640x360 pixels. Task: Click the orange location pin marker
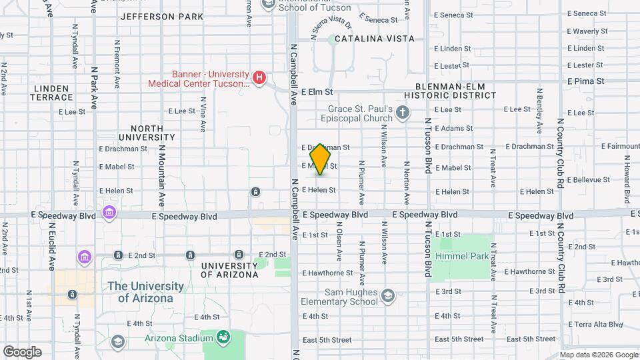[x=321, y=159]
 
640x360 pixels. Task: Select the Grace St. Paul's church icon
[x=402, y=112]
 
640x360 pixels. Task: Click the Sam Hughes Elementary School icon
[x=389, y=295]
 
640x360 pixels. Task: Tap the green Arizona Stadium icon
[x=223, y=337]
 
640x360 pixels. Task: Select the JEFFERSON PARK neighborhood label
[x=162, y=16]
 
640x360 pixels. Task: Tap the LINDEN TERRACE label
[x=50, y=93]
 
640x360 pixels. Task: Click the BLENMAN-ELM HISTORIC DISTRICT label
[x=456, y=91]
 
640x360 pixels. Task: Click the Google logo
[x=22, y=351]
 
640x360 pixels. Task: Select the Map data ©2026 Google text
[x=598, y=355]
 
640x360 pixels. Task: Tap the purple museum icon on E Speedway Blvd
[x=109, y=212]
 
